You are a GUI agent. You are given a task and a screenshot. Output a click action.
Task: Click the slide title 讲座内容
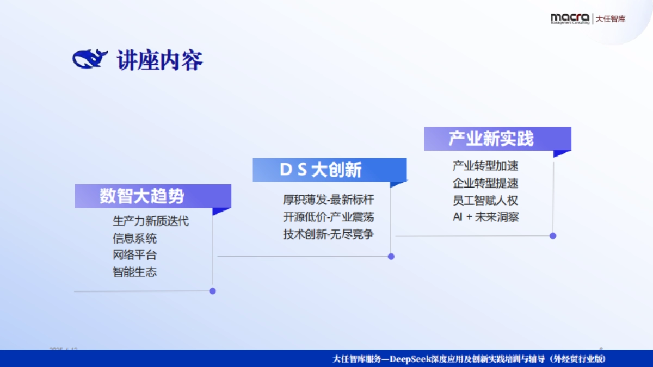tap(159, 60)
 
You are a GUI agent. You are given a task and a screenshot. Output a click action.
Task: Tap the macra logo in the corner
tap(569, 18)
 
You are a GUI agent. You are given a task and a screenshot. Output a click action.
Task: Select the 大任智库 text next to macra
tap(611, 19)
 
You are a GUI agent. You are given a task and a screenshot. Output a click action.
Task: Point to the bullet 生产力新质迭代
tap(151, 221)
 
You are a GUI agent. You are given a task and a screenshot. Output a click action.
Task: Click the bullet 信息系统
tap(134, 238)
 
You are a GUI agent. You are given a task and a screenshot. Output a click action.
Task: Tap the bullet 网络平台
tap(134, 255)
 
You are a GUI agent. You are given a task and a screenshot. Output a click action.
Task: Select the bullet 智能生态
tap(134, 272)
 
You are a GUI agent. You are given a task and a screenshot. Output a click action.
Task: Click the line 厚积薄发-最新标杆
tap(328, 200)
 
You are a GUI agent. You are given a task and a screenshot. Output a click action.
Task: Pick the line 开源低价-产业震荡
tap(328, 217)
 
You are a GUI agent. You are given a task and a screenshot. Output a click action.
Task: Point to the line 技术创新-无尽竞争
tap(328, 234)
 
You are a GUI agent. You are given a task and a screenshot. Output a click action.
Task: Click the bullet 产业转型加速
tap(485, 166)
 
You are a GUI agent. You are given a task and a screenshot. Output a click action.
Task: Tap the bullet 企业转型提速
tap(485, 183)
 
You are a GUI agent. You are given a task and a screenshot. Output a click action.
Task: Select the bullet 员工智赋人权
tap(485, 200)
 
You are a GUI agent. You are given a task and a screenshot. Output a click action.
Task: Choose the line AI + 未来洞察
tap(485, 217)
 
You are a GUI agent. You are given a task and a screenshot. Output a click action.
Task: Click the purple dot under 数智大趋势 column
tap(213, 291)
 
